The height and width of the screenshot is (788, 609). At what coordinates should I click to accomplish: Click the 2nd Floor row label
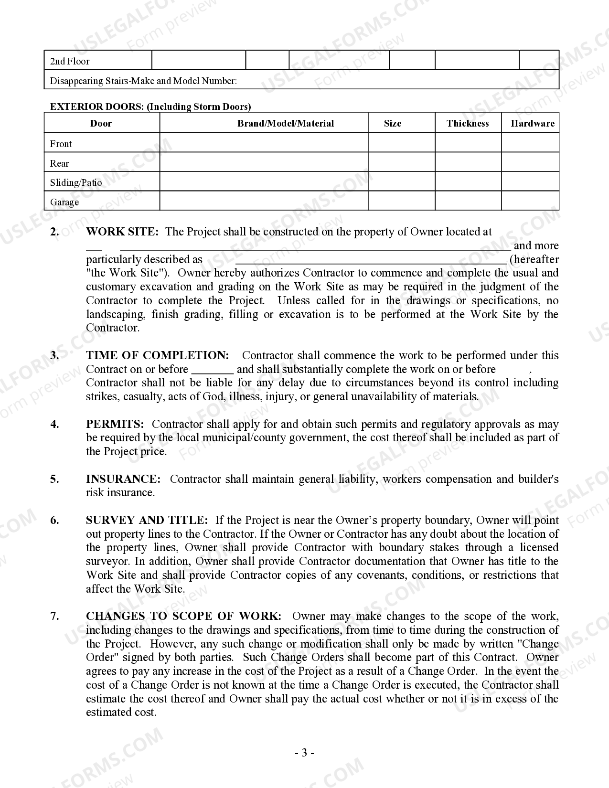(x=70, y=61)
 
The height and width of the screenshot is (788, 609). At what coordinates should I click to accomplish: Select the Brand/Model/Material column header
(x=286, y=123)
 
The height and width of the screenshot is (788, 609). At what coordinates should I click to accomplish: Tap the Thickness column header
(x=468, y=123)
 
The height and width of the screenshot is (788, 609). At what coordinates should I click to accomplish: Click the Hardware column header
(x=533, y=123)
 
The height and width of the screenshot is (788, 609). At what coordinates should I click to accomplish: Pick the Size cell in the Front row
(x=401, y=143)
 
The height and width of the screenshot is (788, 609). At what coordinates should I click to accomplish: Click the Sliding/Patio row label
(x=76, y=182)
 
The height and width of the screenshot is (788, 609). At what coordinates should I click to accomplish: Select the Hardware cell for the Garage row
(x=530, y=201)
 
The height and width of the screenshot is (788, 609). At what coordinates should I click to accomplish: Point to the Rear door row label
(x=60, y=163)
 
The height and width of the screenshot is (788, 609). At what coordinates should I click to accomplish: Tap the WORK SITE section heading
(x=122, y=232)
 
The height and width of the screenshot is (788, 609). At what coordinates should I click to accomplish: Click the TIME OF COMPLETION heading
(x=157, y=355)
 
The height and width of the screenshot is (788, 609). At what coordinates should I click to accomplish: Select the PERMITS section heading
(x=115, y=424)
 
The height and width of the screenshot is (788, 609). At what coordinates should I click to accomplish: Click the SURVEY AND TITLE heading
(x=147, y=520)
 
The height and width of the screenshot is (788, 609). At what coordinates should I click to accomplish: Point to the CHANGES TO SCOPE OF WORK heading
(x=183, y=616)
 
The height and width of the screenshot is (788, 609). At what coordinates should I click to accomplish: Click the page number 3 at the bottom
(x=304, y=753)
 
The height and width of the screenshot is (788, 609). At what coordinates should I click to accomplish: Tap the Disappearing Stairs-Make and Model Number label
(x=143, y=81)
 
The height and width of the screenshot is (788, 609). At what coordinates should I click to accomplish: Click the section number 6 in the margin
(x=54, y=520)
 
